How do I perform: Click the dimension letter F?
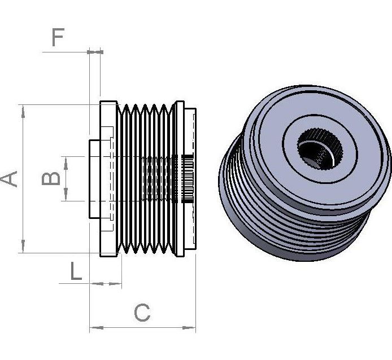58,37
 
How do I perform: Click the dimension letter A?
8,179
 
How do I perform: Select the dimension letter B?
51,178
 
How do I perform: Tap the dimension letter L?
76,271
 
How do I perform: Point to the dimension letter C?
142,313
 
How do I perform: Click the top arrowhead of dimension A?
23,111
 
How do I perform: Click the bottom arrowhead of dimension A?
23,246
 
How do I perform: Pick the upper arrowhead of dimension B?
66,163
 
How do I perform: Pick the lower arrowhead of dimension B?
66,195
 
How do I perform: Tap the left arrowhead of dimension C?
96,327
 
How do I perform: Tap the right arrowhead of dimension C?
189,327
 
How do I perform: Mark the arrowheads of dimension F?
95,52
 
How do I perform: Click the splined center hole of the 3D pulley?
320,149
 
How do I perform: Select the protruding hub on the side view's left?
94,179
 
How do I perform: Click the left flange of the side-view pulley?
108,179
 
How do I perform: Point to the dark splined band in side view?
188,179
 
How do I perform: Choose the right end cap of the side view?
190,179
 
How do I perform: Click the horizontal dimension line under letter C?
142,327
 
